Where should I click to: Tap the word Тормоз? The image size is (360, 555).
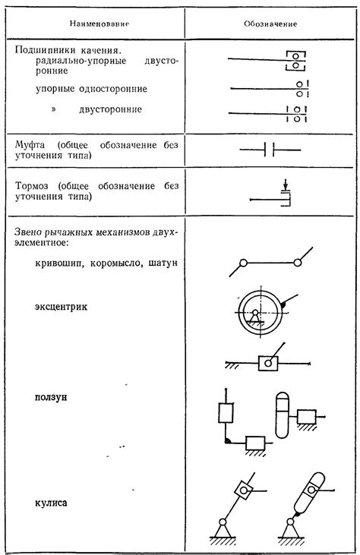[x=33, y=185]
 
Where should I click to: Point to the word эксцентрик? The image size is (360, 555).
[x=62, y=307]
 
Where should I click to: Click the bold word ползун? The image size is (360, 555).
[x=52, y=397]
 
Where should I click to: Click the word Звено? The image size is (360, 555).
[x=31, y=232]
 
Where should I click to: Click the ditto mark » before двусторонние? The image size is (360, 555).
[x=54, y=109]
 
